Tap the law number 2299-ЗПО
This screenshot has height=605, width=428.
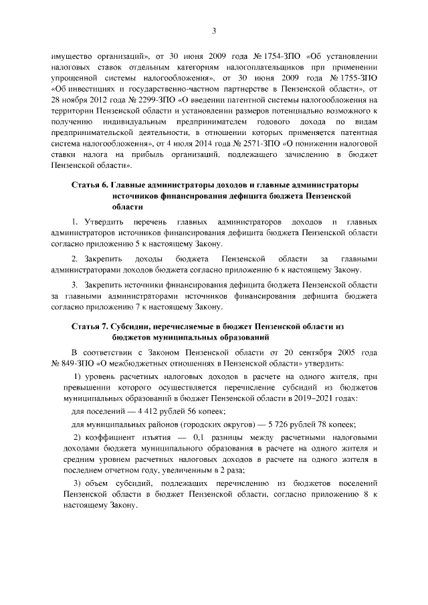click(134, 100)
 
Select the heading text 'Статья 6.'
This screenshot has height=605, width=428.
click(90, 185)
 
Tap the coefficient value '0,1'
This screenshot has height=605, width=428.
click(201, 438)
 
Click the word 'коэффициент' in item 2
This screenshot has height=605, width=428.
click(110, 438)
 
